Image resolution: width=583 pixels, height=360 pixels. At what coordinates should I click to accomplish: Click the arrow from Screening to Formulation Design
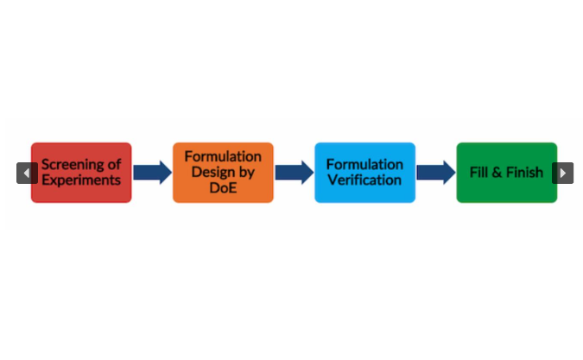(x=152, y=173)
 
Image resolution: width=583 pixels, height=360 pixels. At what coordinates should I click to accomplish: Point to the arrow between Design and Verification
(x=294, y=173)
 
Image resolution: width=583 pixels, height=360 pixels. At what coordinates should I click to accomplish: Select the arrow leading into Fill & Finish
(x=435, y=173)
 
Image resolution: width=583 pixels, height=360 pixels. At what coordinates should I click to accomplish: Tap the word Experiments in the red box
(x=81, y=180)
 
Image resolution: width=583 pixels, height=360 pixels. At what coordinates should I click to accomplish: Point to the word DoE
(x=223, y=188)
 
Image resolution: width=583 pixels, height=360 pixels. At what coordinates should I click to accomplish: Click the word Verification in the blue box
(x=364, y=180)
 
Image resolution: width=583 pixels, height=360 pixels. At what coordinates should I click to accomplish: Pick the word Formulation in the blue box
(x=364, y=164)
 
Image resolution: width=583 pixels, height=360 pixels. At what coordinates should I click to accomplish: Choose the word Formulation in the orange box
(x=223, y=156)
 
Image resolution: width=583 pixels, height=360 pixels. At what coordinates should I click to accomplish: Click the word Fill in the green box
(x=478, y=172)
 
